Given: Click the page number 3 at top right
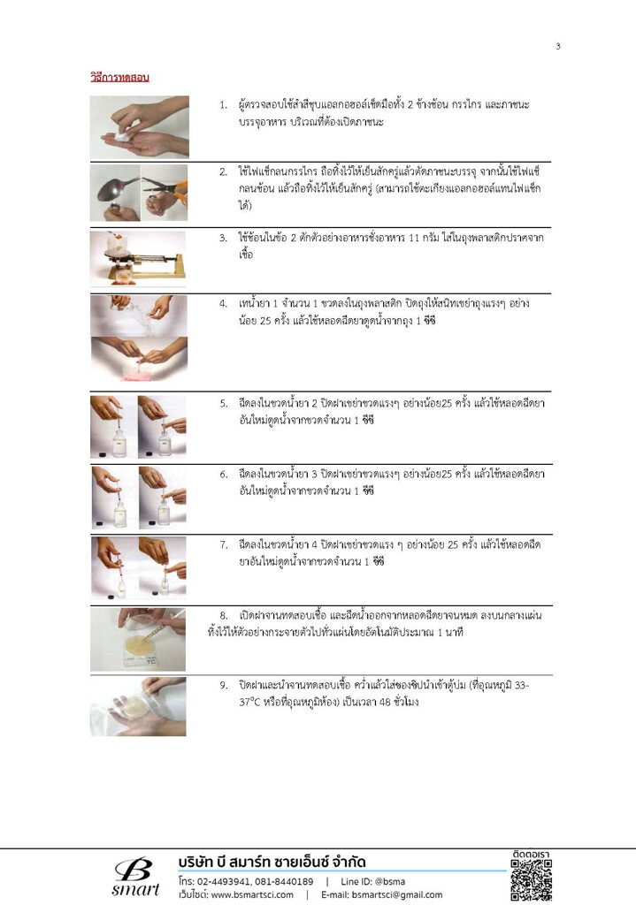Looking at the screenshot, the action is point(557,46).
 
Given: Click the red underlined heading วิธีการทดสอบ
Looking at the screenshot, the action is point(119,78).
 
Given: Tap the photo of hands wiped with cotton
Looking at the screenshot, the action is point(139,127).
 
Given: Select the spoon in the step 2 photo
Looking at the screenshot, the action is point(118,189).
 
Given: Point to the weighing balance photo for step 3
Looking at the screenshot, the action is point(138,259).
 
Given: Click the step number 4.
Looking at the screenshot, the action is point(223,304).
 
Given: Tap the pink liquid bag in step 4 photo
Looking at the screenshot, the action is point(139,373).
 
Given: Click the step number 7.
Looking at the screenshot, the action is point(223,544).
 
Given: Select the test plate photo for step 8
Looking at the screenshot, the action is point(138,640).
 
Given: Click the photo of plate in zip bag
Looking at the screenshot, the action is point(138,707).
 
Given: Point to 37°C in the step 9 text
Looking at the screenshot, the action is point(252,703).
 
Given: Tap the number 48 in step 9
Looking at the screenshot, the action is point(385,703).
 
